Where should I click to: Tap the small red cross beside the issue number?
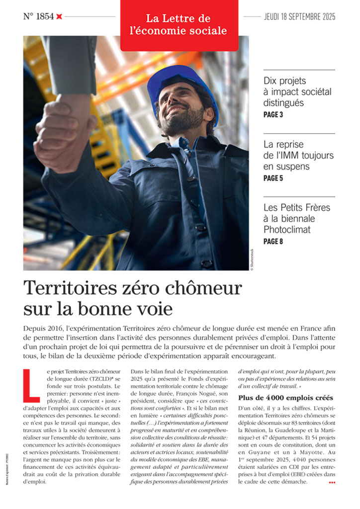coord(59,16)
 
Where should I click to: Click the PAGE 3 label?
coord(273,115)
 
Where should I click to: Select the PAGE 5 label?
coord(273,178)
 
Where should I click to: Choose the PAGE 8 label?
coord(273,242)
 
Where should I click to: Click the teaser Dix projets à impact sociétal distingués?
coord(297,92)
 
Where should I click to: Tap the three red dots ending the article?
coord(332,483)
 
